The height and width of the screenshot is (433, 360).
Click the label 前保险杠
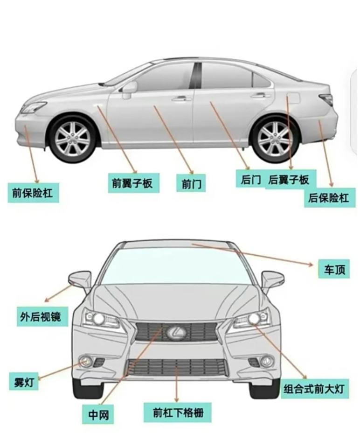pyautogui.click(x=34, y=192)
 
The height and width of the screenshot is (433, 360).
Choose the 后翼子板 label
pyautogui.click(x=289, y=180)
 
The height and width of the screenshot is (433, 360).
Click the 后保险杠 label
pyautogui.click(x=328, y=198)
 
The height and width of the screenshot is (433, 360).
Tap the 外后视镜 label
pyautogui.click(x=41, y=317)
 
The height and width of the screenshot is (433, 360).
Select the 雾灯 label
pyautogui.click(x=24, y=381)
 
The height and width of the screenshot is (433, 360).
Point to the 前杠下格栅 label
pyautogui.click(x=178, y=412)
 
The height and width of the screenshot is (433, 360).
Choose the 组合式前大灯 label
pyautogui.click(x=316, y=389)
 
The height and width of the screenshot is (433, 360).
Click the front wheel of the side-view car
pyautogui.click(x=72, y=138)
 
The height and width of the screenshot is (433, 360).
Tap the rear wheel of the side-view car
pyautogui.click(x=274, y=138)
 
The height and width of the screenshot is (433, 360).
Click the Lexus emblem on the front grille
pyautogui.click(x=177, y=332)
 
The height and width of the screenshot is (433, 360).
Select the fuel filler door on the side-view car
pyautogui.click(x=293, y=99)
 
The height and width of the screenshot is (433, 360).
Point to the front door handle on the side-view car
pyautogui.click(x=181, y=98)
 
